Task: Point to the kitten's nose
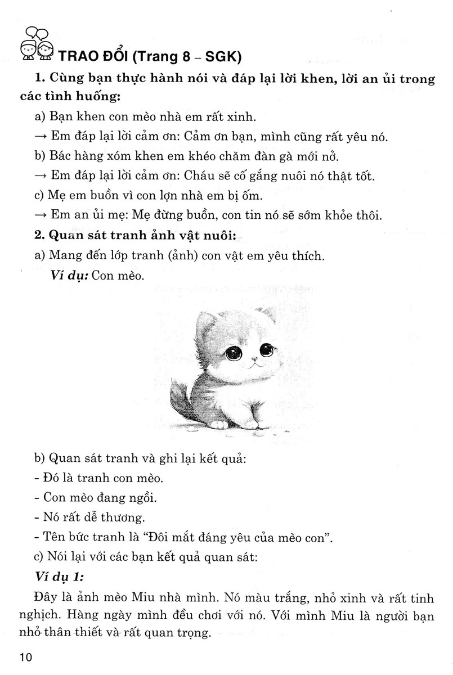[254, 358]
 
